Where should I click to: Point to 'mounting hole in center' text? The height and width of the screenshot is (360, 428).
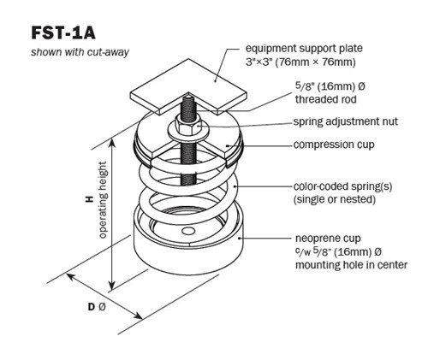point(338,265)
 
